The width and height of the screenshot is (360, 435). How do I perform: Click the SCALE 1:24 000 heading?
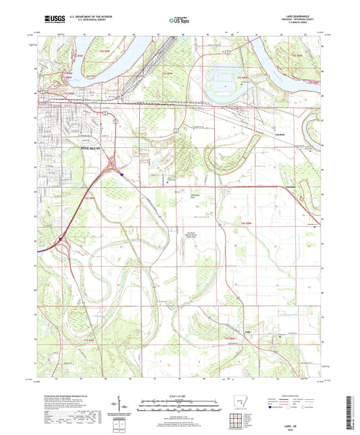click(x=179, y=394)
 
